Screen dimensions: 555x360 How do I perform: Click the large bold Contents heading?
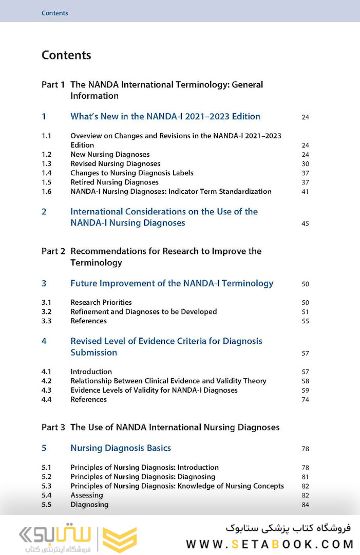click(x=66, y=55)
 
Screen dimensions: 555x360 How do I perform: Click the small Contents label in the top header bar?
click(x=54, y=13)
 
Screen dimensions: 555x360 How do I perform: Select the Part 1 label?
click(x=53, y=84)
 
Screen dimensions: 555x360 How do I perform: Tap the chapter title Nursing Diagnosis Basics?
click(x=121, y=448)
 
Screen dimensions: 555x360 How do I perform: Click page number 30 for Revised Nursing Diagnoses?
click(x=305, y=164)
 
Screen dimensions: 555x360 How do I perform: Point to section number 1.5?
click(x=46, y=182)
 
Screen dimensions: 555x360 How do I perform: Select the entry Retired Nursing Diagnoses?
click(x=115, y=182)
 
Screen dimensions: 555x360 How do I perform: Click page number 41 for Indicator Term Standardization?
click(x=305, y=192)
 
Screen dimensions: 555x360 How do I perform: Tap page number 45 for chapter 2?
click(x=305, y=224)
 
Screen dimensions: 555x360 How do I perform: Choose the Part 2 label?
click(x=53, y=251)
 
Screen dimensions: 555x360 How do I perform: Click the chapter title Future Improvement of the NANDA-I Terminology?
click(x=172, y=283)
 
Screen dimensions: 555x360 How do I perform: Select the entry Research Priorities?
click(x=101, y=303)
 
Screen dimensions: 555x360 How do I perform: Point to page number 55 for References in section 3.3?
click(x=305, y=321)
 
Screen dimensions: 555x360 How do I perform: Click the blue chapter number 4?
click(x=44, y=341)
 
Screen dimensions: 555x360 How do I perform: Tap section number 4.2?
click(x=46, y=381)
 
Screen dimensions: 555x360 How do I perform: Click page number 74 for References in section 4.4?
click(x=305, y=400)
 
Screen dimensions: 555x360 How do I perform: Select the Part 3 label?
click(x=53, y=427)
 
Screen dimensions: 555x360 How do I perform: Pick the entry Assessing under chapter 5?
click(x=87, y=495)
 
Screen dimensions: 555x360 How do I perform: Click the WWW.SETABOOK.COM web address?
click(x=270, y=544)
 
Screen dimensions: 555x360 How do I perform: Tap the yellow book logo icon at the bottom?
click(x=120, y=540)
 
